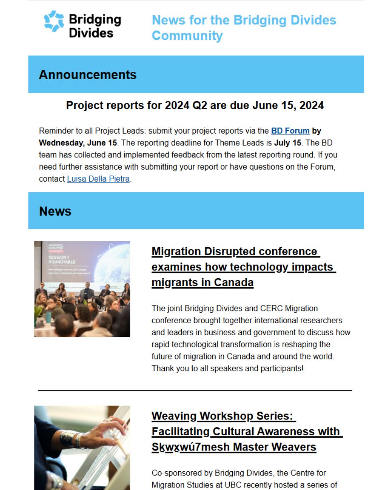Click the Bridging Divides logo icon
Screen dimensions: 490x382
(54, 21)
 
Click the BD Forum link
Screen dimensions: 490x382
(290, 131)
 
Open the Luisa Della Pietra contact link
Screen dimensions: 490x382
(98, 179)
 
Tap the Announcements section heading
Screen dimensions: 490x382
(88, 75)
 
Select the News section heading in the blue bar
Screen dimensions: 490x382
(55, 211)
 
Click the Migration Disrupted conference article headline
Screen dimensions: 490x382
(244, 267)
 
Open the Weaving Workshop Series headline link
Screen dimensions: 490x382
(247, 431)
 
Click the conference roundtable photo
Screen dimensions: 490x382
(82, 289)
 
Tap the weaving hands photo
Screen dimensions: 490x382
(82, 447)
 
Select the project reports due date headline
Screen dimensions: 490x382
(195, 105)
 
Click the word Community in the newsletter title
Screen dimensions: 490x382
(187, 36)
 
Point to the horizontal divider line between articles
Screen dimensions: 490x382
(195, 390)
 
